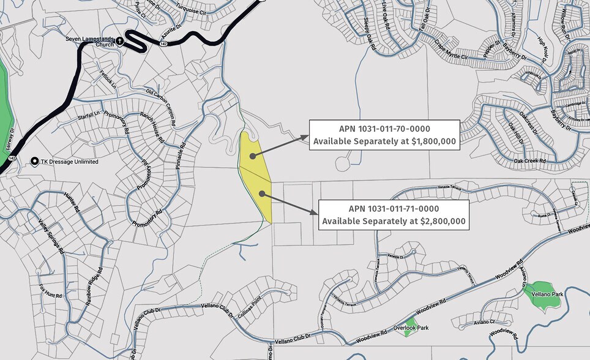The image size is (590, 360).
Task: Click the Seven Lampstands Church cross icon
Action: coord(120,41)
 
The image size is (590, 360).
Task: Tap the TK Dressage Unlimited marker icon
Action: coord(35,161)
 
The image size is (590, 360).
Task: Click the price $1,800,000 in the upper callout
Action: coord(434,141)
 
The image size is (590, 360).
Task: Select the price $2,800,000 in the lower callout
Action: coord(443,221)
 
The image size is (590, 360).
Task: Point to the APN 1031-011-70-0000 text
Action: coord(384,129)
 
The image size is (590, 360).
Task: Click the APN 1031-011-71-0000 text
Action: coord(394,208)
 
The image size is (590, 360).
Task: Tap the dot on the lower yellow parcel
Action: coord(262,193)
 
